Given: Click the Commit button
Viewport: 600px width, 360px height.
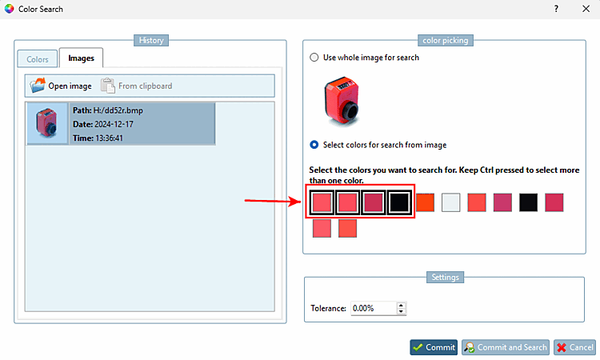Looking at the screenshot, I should click(434, 347).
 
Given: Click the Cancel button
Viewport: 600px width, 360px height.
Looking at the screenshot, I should click(574, 347).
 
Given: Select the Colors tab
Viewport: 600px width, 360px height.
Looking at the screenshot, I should click(38, 59).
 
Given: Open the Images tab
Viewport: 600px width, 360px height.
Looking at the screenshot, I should click(81, 58).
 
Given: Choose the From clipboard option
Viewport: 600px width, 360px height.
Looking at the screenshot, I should click(136, 86).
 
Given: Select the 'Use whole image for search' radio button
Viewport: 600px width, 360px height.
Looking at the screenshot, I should click(314, 58).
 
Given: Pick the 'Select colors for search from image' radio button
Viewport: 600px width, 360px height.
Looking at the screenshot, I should click(314, 145).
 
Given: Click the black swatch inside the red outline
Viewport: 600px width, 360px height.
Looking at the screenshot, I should click(399, 202).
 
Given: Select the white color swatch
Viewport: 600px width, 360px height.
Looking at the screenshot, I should click(451, 202).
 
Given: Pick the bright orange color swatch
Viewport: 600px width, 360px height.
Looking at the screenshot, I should click(426, 202).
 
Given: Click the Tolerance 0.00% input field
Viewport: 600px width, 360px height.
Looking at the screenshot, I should click(373, 308).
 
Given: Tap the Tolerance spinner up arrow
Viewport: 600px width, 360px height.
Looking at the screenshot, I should click(401, 305).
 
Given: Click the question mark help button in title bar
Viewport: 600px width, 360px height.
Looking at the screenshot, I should click(556, 9).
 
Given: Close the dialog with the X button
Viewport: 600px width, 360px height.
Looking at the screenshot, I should click(586, 9).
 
